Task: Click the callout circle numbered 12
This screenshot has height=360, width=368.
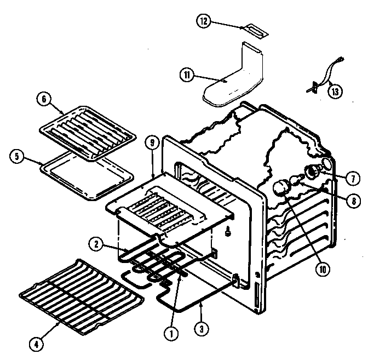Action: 203,21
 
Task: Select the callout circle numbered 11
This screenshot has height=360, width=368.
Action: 187,76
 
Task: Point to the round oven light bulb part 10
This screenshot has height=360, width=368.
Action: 282,188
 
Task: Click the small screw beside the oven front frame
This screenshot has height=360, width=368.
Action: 227,233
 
